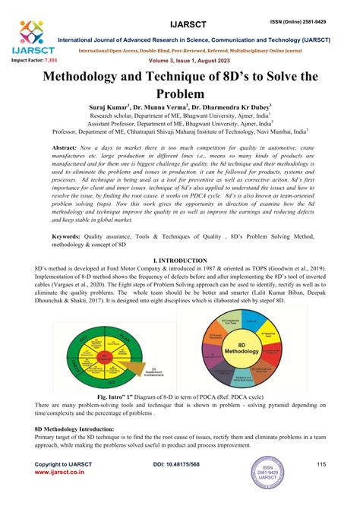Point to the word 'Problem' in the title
[179, 95]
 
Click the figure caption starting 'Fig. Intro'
[179, 397]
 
